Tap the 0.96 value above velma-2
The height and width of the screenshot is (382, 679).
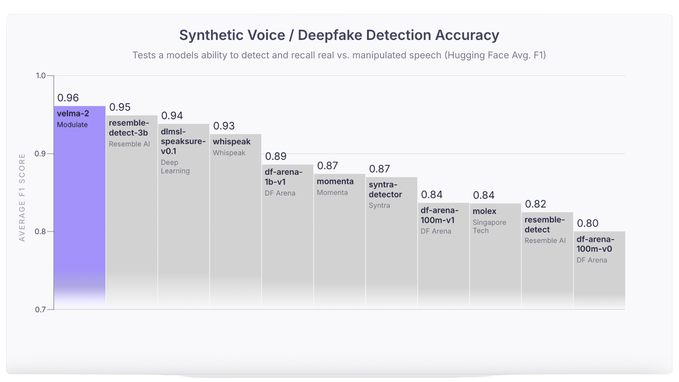68,98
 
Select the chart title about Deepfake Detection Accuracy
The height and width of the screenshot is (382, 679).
339,35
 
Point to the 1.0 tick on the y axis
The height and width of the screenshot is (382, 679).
41,76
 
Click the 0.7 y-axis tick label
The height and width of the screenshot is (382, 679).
40,310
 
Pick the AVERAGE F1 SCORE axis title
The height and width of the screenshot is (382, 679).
22,197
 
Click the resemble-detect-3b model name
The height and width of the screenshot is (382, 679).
129,128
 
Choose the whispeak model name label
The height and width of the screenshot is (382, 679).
232,141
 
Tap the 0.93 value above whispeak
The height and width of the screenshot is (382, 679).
224,126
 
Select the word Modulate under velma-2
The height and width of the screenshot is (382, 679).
72,125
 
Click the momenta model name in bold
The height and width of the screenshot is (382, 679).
335,181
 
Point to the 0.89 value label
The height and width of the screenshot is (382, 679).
275,156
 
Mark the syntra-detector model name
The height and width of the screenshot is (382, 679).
385,190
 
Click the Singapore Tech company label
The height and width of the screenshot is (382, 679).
489,226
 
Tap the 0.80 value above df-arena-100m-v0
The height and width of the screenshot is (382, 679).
587,223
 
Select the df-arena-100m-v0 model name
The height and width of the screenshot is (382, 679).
595,244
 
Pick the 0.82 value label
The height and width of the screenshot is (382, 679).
535,204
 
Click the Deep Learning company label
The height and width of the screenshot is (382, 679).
175,167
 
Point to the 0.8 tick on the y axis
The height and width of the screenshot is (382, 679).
40,232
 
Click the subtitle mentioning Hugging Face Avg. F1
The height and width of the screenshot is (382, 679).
339,55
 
